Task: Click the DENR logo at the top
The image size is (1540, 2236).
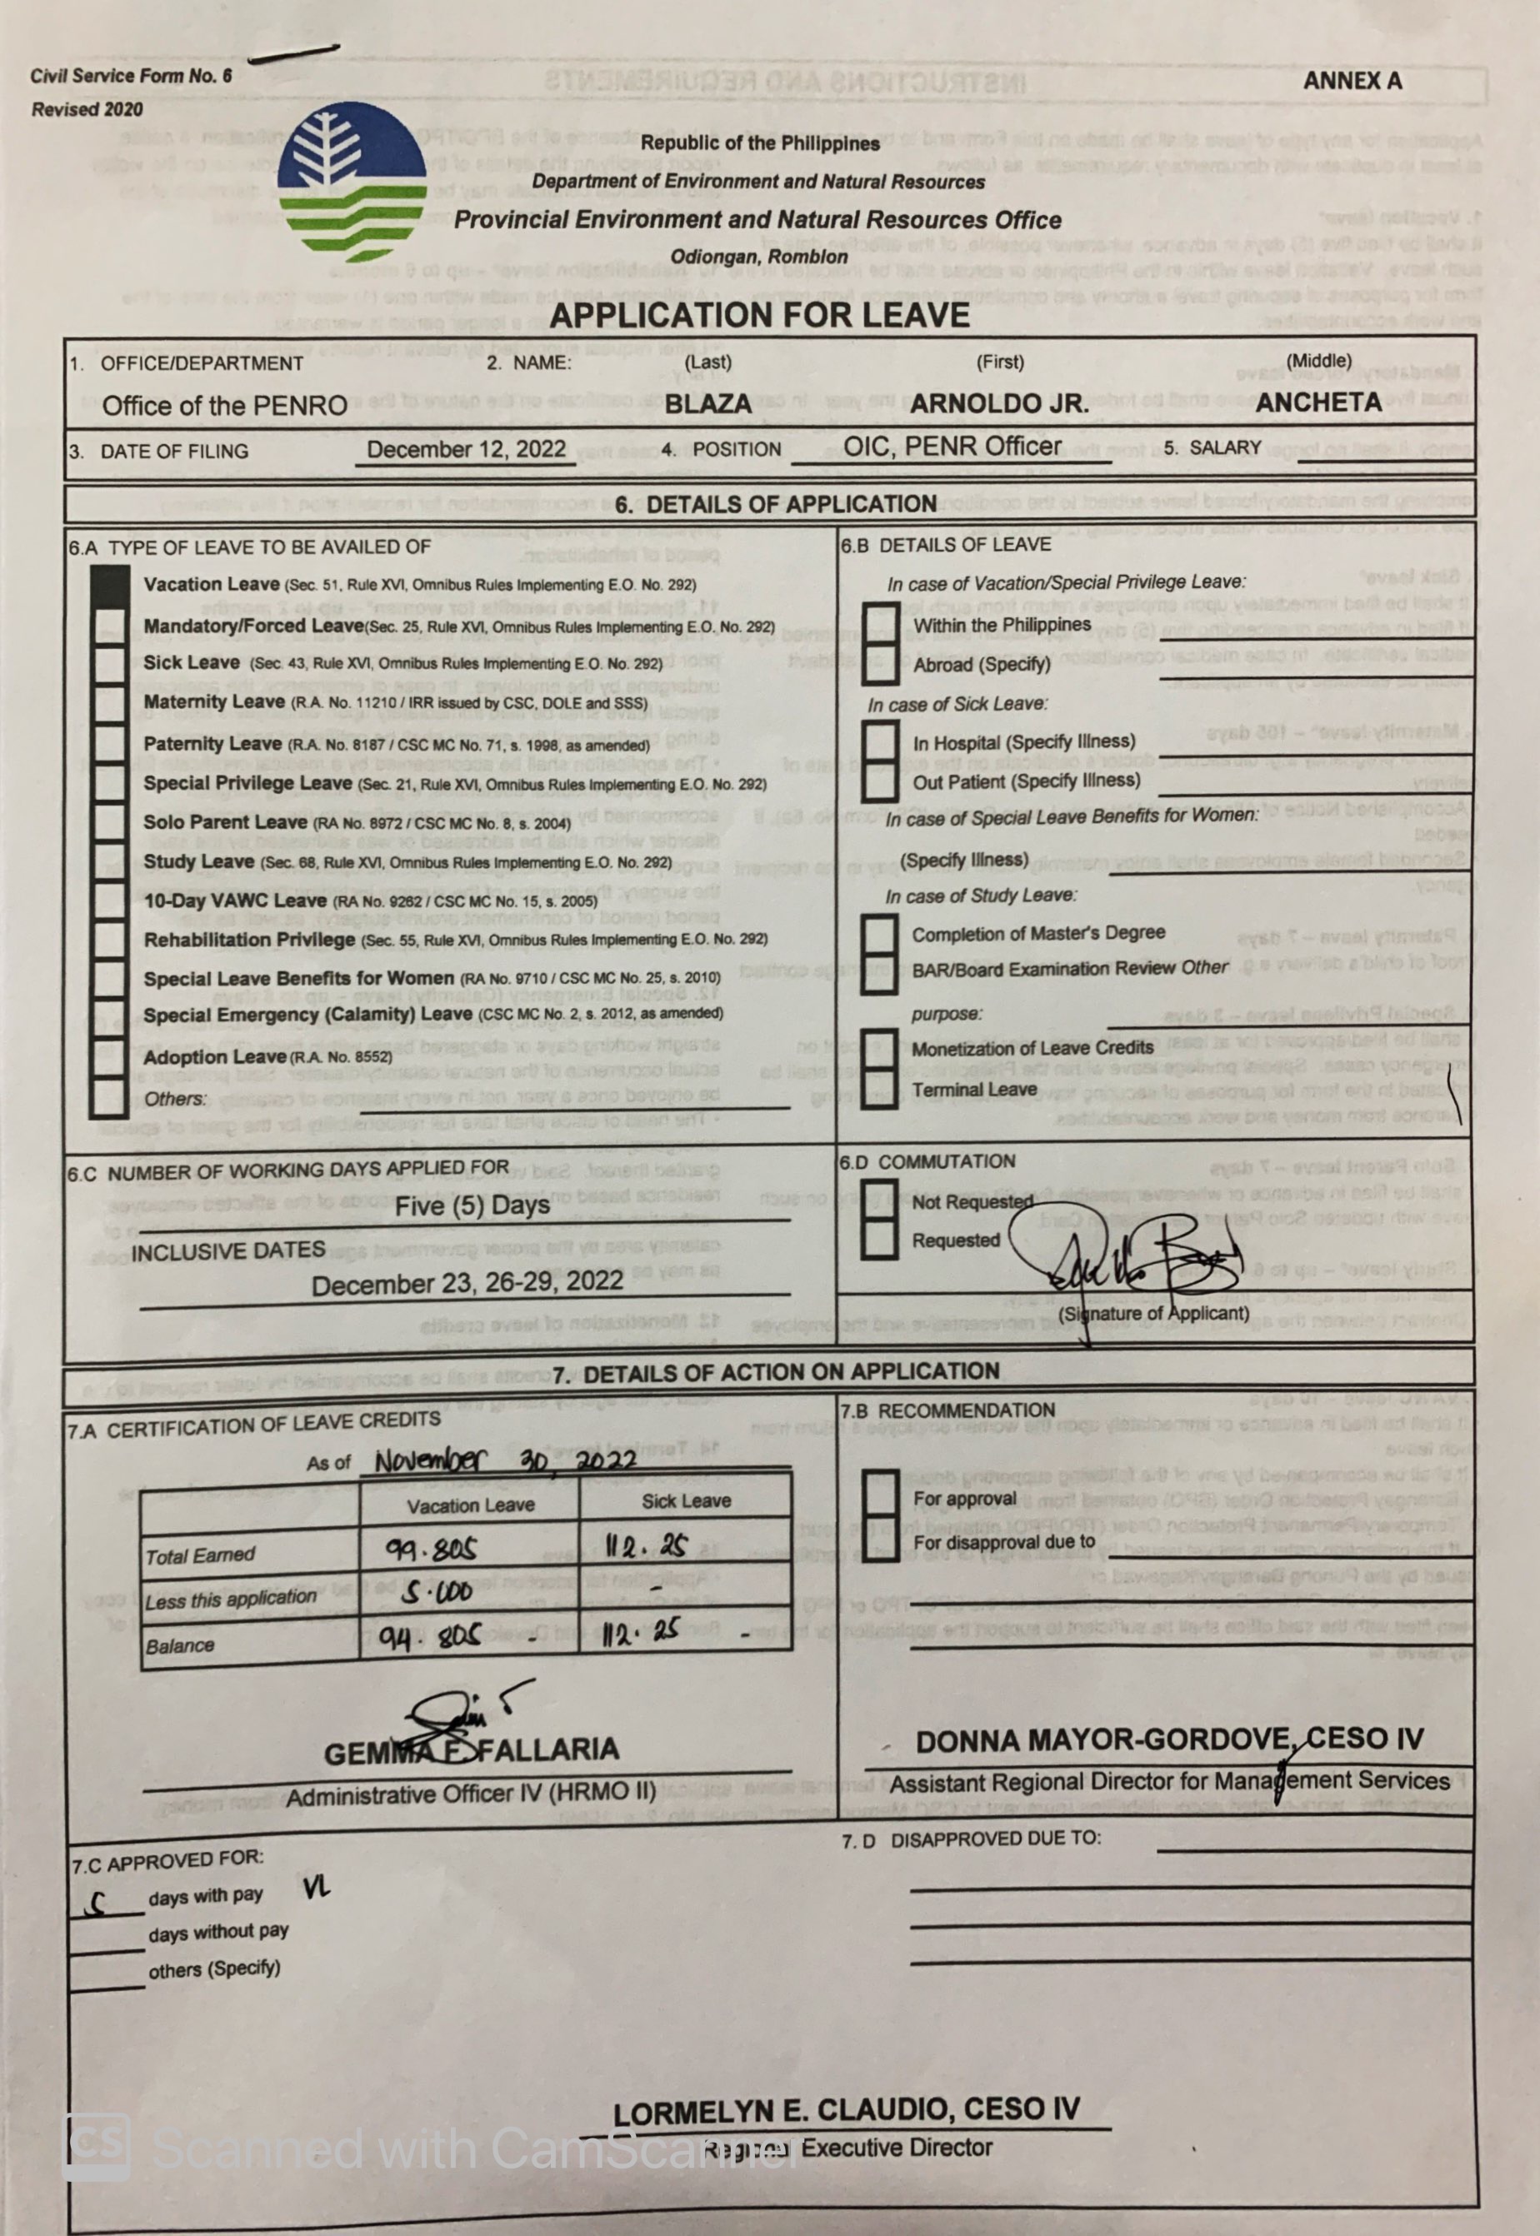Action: click(x=353, y=184)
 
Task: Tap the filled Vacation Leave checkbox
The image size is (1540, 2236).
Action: click(x=109, y=585)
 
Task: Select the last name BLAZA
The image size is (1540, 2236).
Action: click(x=707, y=403)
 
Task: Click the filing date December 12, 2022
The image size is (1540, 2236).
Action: click(x=466, y=450)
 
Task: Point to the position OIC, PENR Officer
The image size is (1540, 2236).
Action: click(x=952, y=447)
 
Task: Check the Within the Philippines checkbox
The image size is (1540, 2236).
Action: click(x=879, y=624)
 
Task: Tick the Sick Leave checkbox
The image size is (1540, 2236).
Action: click(x=109, y=664)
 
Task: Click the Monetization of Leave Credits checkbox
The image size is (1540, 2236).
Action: click(x=879, y=1050)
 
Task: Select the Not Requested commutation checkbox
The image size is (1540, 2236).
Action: click(x=879, y=1202)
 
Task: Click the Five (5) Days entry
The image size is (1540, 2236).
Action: click(x=472, y=1205)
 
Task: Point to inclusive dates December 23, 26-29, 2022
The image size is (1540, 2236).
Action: click(x=467, y=1284)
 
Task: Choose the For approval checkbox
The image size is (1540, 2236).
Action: click(x=879, y=1498)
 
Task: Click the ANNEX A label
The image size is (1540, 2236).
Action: click(x=1351, y=82)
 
